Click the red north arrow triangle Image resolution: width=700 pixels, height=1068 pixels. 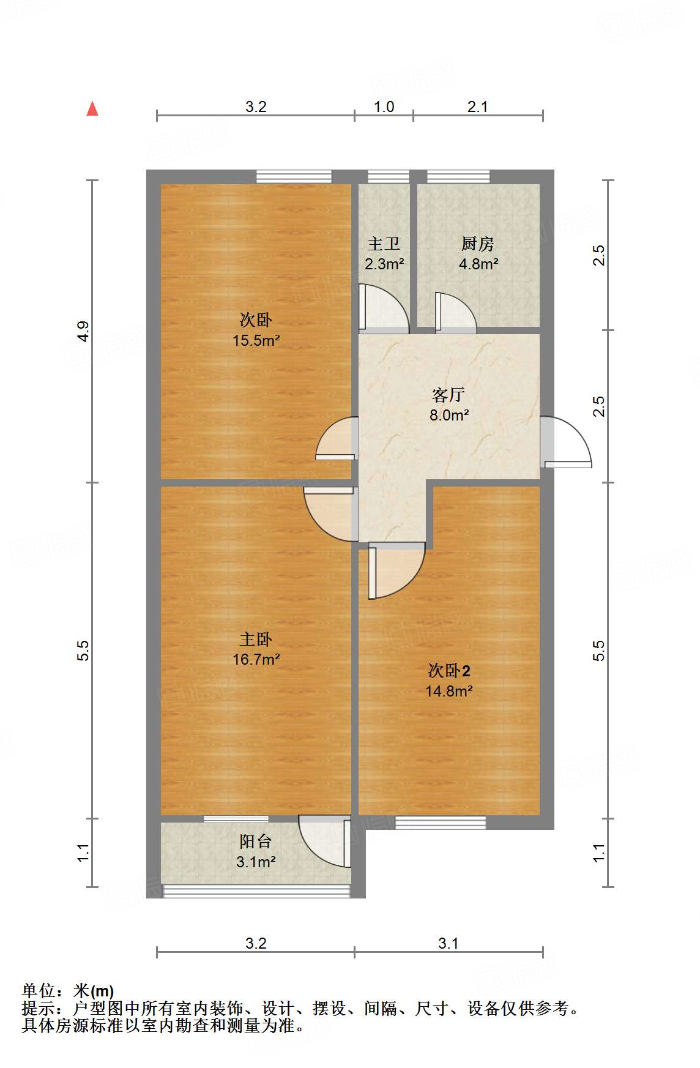[92, 110]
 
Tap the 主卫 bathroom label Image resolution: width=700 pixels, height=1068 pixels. [384, 244]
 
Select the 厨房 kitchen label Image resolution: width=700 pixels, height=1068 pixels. [477, 244]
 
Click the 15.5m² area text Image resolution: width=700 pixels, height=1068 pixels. [256, 341]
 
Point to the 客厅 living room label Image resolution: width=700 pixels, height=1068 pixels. [449, 395]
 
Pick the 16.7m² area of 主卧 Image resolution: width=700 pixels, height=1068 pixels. [256, 660]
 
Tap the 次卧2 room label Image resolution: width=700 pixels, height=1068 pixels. [449, 671]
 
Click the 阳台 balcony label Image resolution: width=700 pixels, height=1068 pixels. [256, 842]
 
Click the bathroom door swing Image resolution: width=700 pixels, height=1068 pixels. [382, 309]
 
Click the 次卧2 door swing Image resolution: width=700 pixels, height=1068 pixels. [395, 570]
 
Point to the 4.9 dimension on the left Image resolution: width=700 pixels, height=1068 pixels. [83, 331]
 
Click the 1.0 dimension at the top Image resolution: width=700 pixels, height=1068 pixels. [384, 107]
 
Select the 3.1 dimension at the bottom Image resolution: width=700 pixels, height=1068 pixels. [448, 943]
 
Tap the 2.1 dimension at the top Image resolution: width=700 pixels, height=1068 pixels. [477, 107]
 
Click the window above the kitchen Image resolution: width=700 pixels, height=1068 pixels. [458, 177]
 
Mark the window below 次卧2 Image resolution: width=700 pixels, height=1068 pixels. [441, 823]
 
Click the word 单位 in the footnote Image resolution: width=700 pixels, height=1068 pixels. [38, 991]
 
